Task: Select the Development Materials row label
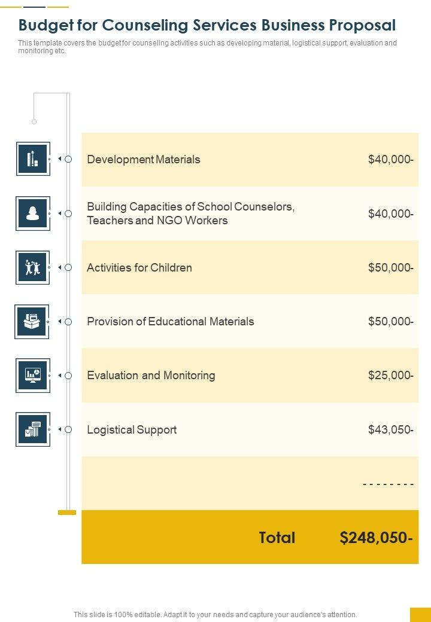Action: click(x=144, y=160)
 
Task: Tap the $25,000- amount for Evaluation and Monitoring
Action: click(x=390, y=376)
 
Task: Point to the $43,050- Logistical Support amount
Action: click(x=390, y=430)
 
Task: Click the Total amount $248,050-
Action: click(x=376, y=538)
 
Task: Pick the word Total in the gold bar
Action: click(x=277, y=538)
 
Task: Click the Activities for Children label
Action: click(x=139, y=267)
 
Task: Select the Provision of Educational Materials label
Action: click(x=171, y=322)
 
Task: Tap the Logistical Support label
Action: click(x=132, y=430)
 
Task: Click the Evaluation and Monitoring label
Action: click(x=151, y=376)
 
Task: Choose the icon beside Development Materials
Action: click(x=33, y=159)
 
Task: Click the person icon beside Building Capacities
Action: click(x=33, y=213)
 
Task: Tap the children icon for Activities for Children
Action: click(x=33, y=267)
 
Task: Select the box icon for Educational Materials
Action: click(x=32, y=321)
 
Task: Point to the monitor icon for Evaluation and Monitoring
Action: click(x=33, y=375)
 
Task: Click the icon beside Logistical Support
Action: click(x=33, y=429)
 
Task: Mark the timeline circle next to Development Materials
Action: click(x=68, y=159)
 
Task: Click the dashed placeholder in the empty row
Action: click(x=388, y=484)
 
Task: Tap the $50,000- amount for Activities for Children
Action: click(x=390, y=267)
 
